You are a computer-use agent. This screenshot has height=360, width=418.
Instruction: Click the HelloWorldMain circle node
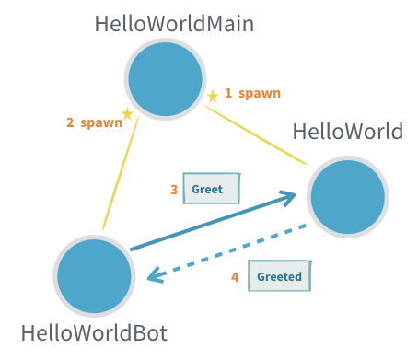pyautogui.click(x=165, y=80)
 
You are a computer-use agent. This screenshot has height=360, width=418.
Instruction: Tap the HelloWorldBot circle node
pyautogui.click(x=94, y=275)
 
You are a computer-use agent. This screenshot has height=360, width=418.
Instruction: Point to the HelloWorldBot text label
pyautogui.click(x=94, y=333)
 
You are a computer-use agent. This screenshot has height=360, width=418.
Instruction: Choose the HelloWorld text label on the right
pyautogui.click(x=347, y=131)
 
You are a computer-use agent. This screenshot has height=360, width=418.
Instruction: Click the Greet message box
pyautogui.click(x=211, y=189)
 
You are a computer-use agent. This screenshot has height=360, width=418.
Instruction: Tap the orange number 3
pyautogui.click(x=174, y=190)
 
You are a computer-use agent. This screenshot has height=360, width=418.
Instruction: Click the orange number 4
pyautogui.click(x=235, y=276)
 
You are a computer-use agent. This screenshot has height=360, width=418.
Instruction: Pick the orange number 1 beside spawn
pyautogui.click(x=228, y=93)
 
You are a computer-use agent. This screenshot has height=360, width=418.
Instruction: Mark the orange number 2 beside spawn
pyautogui.click(x=70, y=122)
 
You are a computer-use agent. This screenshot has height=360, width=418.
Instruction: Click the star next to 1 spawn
pyautogui.click(x=213, y=96)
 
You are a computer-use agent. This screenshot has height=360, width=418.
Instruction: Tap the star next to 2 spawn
pyautogui.click(x=127, y=113)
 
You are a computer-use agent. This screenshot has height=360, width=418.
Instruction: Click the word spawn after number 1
pyautogui.click(x=259, y=93)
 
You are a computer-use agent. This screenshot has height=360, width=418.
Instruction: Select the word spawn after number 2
pyautogui.click(x=100, y=122)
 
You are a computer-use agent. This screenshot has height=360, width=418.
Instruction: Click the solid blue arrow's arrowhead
pyautogui.click(x=288, y=196)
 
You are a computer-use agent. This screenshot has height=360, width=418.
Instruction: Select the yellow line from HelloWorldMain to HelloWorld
pyautogui.click(x=255, y=136)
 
